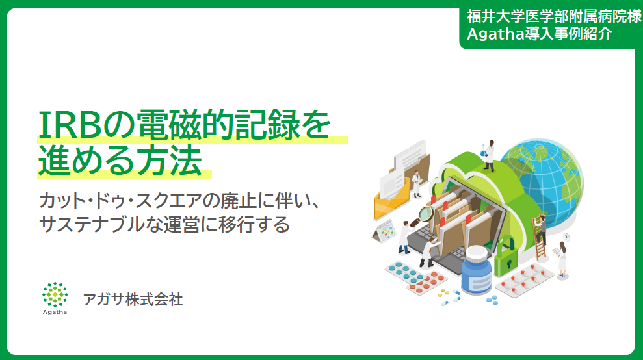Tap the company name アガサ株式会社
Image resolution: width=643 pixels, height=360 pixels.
point(133,300)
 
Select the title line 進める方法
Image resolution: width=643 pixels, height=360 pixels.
point(120,161)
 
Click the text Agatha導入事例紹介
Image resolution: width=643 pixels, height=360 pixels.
point(540,34)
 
